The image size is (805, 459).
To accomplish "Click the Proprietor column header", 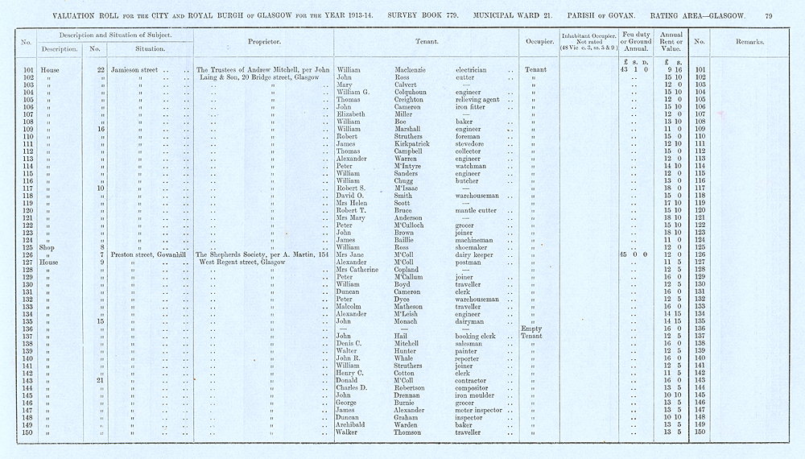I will point(263,41).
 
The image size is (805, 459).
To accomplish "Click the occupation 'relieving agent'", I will point(477,100).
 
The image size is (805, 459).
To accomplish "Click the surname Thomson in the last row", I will point(407,432).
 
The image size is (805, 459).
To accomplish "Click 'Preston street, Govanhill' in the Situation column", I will point(150,254).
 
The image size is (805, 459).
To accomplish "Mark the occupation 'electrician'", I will point(471,70).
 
